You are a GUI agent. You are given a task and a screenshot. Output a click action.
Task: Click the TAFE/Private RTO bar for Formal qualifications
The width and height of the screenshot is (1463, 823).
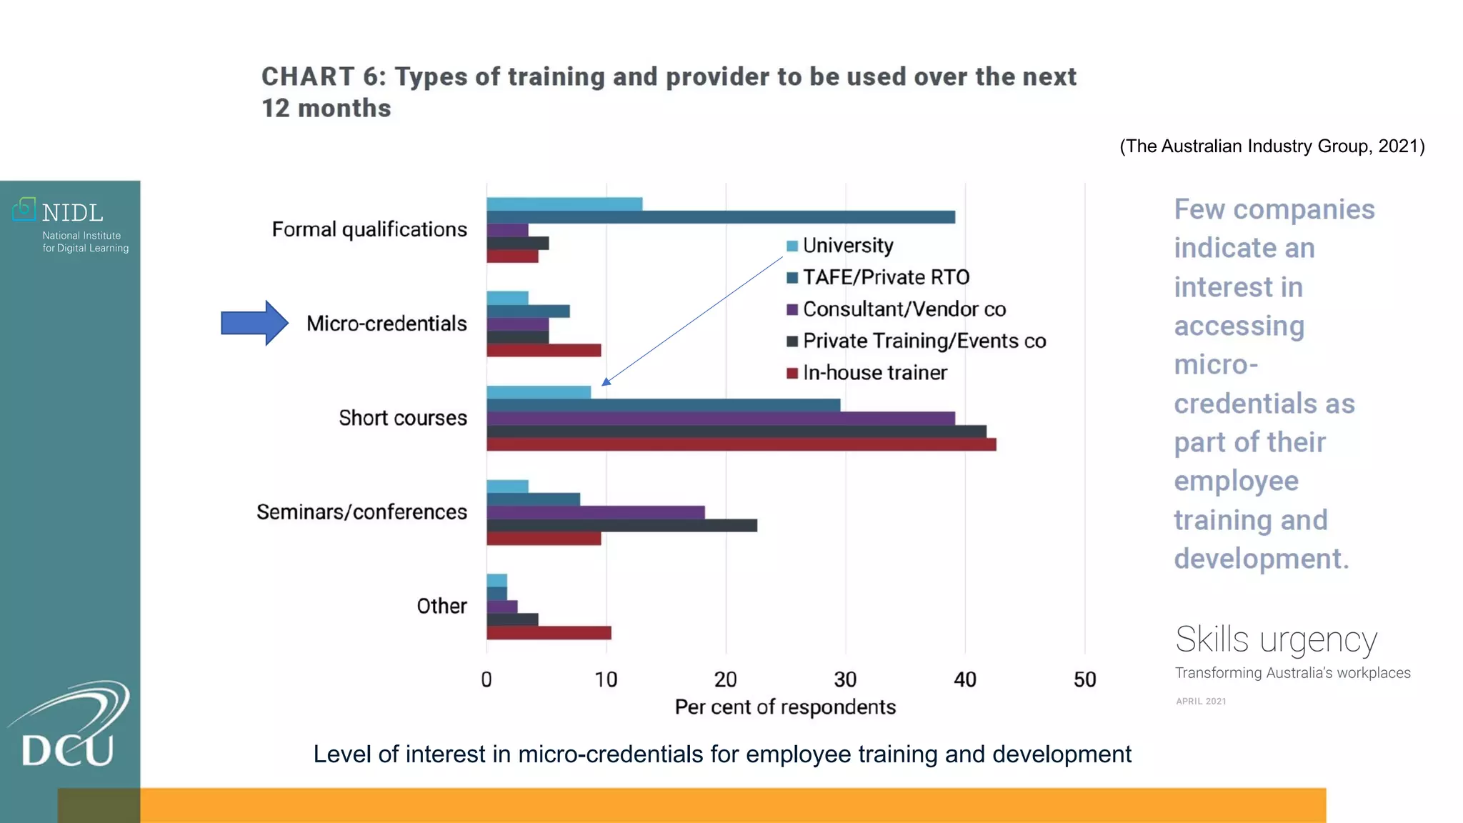[720, 217]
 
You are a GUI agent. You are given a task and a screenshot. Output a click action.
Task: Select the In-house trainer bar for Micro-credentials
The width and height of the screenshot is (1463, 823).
[544, 351]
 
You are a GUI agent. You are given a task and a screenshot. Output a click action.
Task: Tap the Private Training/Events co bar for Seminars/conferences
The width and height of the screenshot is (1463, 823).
[621, 526]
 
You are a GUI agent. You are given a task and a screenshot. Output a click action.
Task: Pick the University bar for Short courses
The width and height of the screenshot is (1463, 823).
[539, 392]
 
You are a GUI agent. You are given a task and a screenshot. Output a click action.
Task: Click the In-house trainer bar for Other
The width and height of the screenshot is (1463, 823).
[549, 633]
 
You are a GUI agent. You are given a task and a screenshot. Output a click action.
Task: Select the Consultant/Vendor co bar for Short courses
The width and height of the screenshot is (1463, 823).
[720, 419]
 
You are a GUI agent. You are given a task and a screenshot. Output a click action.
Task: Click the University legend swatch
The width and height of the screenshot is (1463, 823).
[792, 246]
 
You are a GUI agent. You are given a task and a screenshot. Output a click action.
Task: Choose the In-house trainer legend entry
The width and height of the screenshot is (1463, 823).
[874, 373]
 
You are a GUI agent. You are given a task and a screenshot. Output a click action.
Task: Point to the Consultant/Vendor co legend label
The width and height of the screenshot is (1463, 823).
[904, 309]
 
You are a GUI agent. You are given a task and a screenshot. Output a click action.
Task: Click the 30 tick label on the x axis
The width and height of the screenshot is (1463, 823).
[845, 679]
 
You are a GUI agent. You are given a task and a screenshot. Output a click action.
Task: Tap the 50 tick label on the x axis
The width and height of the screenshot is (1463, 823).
[1084, 679]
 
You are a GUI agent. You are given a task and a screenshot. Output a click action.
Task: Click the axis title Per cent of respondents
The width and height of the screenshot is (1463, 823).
[785, 707]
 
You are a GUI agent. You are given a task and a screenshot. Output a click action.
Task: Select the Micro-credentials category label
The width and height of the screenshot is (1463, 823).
[386, 324]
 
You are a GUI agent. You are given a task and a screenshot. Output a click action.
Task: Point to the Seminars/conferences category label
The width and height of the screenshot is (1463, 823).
[361, 512]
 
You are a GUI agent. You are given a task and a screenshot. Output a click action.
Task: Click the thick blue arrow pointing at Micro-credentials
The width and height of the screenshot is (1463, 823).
[254, 323]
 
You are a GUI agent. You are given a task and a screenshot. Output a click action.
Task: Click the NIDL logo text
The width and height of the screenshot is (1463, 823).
[72, 213]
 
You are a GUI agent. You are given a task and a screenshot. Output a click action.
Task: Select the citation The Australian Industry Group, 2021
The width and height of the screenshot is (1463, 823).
[1272, 146]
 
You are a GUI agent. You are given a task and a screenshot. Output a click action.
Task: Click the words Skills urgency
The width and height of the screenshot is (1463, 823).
[1276, 639]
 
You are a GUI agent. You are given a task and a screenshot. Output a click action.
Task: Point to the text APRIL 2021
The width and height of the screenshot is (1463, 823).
[1201, 702]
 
